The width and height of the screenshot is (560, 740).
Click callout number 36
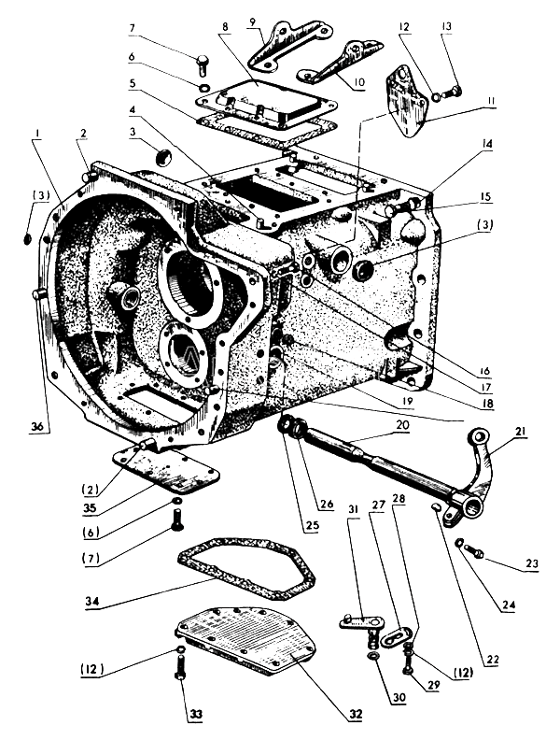point(38,426)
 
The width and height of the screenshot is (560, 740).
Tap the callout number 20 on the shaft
point(403,425)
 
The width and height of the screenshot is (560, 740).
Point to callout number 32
point(356,714)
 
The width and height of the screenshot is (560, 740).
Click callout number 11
point(491,102)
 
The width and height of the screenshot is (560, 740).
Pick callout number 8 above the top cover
point(225,26)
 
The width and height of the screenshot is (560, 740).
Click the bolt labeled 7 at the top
point(202,64)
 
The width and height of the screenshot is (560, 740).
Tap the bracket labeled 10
point(341,61)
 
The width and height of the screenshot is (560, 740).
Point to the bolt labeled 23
point(473,549)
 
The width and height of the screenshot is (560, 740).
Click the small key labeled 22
point(437,507)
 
